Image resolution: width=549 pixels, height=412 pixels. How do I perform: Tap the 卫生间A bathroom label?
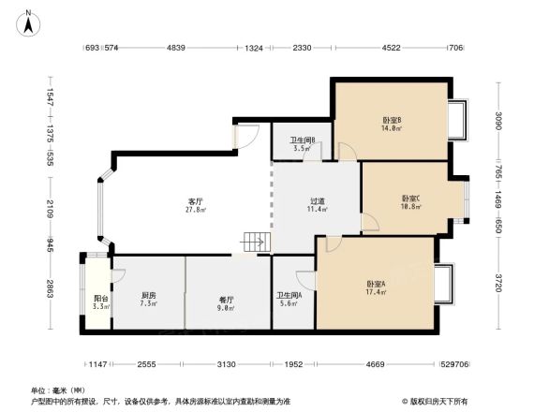pos(289,299)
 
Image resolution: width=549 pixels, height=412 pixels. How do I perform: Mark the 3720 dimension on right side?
pos(499,281)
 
